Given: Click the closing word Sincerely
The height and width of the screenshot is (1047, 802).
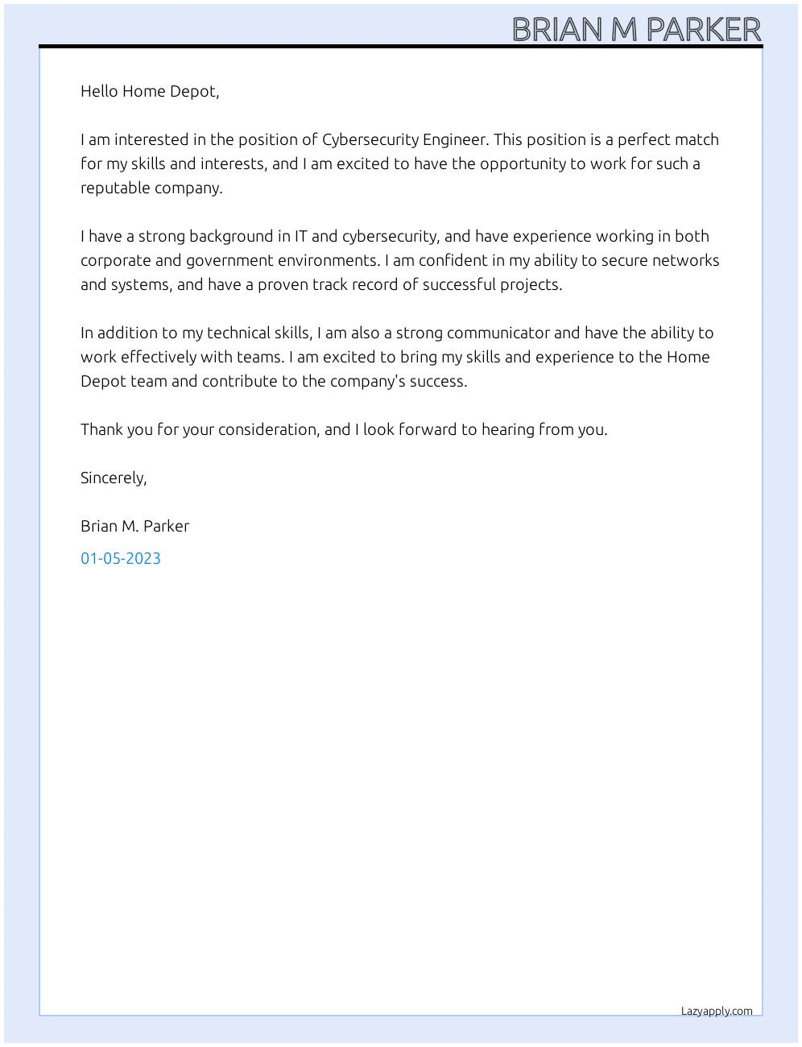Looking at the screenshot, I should point(113,478).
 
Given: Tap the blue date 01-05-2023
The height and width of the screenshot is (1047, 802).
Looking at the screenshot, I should point(121,558).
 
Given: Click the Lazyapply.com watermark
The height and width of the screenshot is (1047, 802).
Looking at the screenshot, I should point(717,1011).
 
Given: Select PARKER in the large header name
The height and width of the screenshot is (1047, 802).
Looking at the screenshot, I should point(704,30).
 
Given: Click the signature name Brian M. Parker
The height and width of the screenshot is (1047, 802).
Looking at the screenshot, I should point(134,526).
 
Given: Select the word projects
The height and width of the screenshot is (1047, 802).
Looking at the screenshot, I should point(533,285).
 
